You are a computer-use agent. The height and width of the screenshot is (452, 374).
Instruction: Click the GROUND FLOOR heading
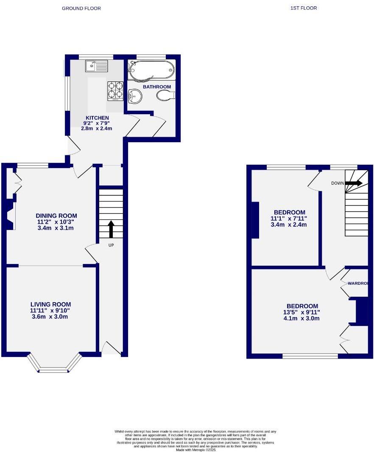point(81,8)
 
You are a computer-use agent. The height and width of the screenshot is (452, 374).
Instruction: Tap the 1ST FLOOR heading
point(304,8)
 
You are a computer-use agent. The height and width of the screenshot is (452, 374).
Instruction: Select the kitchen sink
point(97,66)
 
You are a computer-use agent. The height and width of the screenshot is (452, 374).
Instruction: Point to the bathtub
point(151,70)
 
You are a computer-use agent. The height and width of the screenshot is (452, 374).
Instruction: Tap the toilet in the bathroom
point(165,96)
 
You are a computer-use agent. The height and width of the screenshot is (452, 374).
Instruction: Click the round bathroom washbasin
point(135,96)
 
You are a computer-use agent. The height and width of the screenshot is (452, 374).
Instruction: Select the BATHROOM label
point(156,87)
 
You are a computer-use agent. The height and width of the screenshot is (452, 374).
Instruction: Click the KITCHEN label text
point(97,118)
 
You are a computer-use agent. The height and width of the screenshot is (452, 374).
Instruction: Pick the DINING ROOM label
point(56,216)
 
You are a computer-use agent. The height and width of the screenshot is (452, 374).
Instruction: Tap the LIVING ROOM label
point(50,304)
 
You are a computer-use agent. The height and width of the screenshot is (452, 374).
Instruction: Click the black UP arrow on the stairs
point(111,229)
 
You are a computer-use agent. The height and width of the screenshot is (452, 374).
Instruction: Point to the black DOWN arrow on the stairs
point(354,183)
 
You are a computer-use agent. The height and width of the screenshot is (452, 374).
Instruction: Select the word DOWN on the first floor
point(338,183)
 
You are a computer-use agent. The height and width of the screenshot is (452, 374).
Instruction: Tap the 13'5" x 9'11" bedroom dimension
point(302,312)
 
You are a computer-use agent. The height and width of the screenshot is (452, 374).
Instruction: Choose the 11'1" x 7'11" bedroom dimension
point(289,219)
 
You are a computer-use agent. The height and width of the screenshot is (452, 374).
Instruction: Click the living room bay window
point(54,364)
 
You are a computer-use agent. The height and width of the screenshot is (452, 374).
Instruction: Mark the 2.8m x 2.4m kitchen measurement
point(97,128)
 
